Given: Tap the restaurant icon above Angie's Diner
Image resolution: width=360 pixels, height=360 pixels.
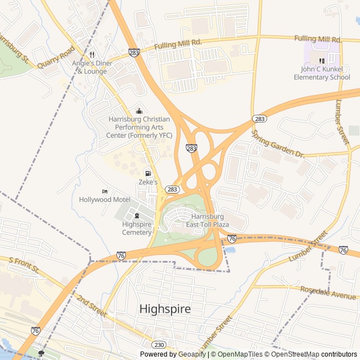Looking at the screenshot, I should pyautogui.click(x=92, y=55).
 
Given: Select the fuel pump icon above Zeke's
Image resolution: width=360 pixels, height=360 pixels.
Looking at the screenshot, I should pyautogui.click(x=148, y=173).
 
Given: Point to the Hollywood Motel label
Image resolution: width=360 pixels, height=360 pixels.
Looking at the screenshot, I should pyautogui.click(x=105, y=200).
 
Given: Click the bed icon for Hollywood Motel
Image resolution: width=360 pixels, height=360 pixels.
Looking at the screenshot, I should pyautogui.click(x=105, y=191).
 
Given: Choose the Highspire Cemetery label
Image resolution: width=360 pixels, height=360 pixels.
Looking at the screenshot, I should pyautogui.click(x=137, y=228).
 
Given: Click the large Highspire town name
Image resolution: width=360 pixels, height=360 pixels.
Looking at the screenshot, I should pyautogui.click(x=165, y=309).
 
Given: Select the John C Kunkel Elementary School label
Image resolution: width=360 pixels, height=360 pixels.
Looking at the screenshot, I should pyautogui.click(x=322, y=73).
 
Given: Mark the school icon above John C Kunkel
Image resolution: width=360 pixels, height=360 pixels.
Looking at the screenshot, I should pyautogui.click(x=322, y=61).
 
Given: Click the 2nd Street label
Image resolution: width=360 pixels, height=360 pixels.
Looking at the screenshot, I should pyautogui.click(x=92, y=304).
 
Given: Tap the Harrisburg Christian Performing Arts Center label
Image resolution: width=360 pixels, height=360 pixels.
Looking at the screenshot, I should pyautogui.click(x=139, y=127).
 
